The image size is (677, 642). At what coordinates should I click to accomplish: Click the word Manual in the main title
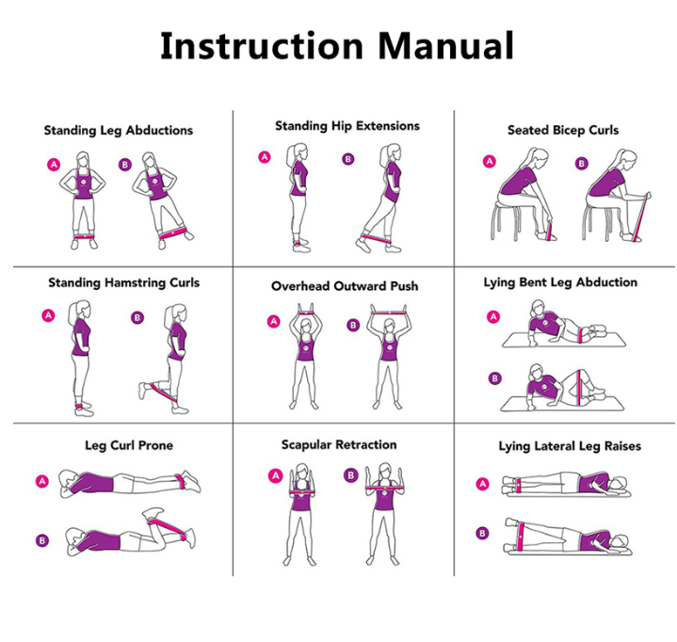[x=446, y=46]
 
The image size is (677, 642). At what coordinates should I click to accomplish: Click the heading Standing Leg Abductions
[x=119, y=131]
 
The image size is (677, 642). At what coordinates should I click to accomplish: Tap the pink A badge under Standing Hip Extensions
[x=265, y=157]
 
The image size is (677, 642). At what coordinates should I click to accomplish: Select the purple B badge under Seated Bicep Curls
[x=582, y=164]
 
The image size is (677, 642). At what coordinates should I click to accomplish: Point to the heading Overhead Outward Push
[x=345, y=286]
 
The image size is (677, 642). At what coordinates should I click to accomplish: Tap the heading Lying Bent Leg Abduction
[x=560, y=282]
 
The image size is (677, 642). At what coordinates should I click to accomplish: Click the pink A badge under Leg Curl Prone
[x=41, y=481]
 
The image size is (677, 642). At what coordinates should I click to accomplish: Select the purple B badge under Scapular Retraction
[x=350, y=475]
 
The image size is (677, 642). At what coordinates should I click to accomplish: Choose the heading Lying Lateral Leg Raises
[x=570, y=446]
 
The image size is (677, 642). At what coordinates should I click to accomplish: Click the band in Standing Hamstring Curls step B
[x=164, y=393]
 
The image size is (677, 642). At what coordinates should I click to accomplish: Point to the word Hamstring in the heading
[x=136, y=283]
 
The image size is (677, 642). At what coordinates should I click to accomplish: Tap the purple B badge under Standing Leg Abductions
[x=125, y=165]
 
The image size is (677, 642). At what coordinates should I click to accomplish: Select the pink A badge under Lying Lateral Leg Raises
[x=482, y=484]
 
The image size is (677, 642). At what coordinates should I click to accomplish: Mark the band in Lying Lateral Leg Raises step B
[x=520, y=537]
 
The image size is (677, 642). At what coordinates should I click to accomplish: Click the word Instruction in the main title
[x=262, y=46]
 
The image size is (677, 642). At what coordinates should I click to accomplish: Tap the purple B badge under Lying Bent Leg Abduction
[x=494, y=378]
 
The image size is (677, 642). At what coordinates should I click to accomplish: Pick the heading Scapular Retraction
[x=339, y=444]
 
